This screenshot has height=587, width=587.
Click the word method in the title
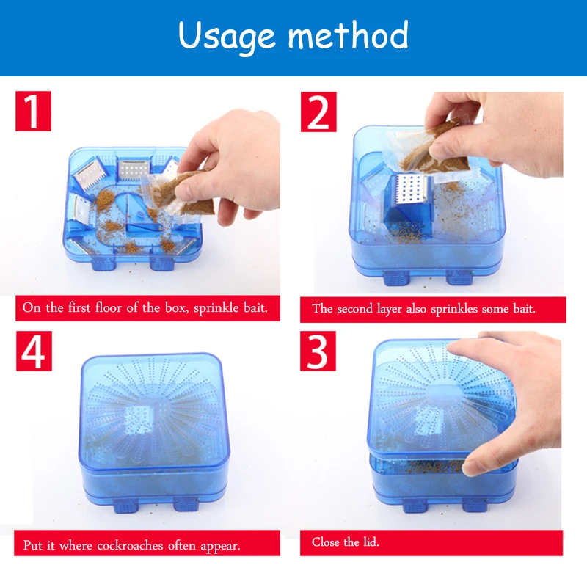(348, 34)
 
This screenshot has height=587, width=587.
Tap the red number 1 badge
(33, 112)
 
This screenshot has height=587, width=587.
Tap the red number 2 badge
(318, 112)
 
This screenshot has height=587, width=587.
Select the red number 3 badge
(318, 351)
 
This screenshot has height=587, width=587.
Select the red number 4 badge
(34, 351)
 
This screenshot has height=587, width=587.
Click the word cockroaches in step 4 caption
(130, 545)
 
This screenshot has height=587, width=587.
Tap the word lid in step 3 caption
(371, 542)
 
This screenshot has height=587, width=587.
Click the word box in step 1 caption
(177, 308)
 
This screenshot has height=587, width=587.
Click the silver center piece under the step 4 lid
(138, 420)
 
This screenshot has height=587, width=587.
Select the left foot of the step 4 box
(125, 506)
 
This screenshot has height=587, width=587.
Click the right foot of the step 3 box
(474, 506)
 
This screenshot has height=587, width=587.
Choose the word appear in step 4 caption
(220, 546)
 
